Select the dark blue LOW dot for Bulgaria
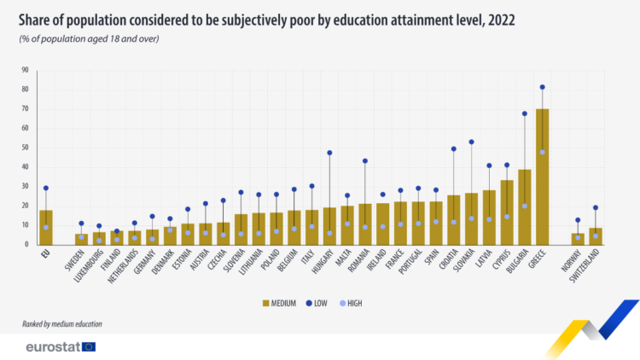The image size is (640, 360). point(525,113)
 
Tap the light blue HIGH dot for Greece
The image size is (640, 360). point(543,152)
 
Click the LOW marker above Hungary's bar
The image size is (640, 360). point(329,153)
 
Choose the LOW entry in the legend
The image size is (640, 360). point(317,302)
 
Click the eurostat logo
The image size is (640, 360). point(60,346)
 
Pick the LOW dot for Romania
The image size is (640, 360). point(365,160)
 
